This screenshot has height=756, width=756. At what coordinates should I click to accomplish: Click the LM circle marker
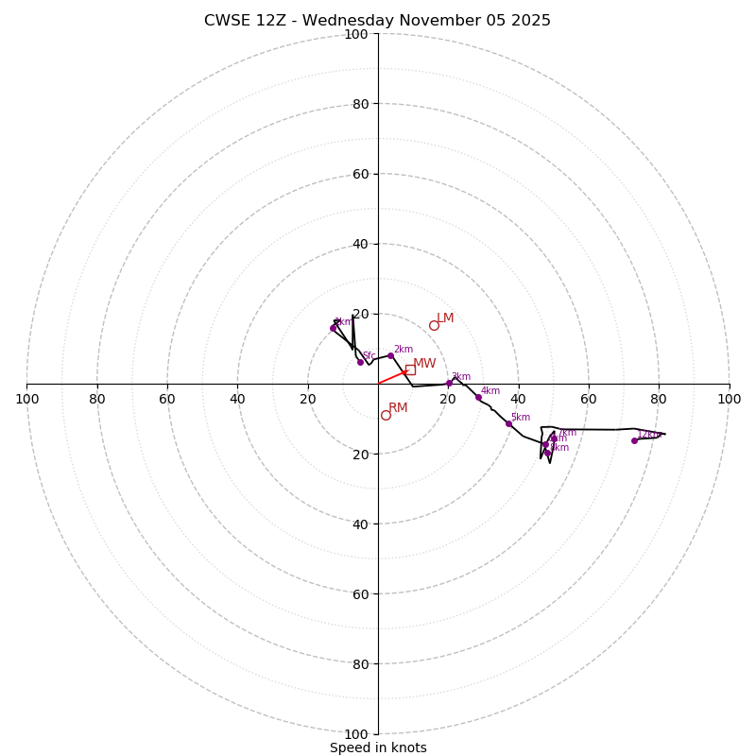(434, 326)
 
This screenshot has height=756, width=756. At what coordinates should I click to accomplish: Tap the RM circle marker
(386, 415)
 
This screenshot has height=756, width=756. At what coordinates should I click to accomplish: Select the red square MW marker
(410, 369)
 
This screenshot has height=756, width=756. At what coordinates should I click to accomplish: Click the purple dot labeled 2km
(390, 355)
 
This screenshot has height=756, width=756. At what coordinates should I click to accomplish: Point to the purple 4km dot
(478, 397)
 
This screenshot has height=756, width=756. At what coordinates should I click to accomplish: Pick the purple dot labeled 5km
(508, 423)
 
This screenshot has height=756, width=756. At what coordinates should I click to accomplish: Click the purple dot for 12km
(634, 440)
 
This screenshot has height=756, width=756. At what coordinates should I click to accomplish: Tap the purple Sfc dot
(360, 362)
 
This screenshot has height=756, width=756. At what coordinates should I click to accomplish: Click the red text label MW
(424, 364)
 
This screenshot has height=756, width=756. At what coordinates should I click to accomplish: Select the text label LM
(445, 318)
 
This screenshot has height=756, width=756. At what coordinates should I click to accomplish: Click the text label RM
(398, 408)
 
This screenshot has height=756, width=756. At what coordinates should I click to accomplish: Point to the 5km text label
(521, 418)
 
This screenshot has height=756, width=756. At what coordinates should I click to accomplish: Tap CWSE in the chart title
(225, 21)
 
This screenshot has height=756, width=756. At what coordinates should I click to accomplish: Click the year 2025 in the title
(529, 21)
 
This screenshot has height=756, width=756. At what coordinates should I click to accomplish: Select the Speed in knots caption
(378, 747)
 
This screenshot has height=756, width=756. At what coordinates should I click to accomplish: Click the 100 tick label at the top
(356, 34)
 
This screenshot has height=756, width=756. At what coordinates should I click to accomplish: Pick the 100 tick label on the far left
(26, 399)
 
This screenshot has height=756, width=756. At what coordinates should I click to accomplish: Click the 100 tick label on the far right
(730, 399)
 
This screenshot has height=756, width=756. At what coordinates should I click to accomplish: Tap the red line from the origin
(390, 378)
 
